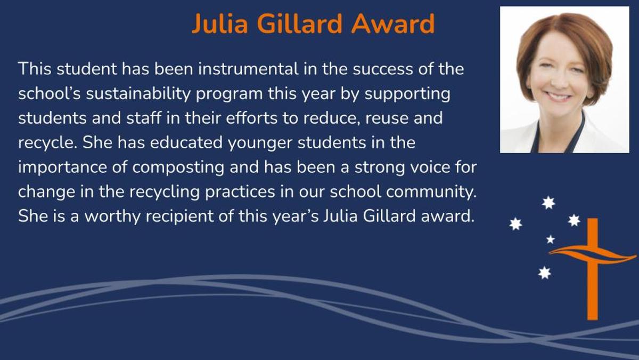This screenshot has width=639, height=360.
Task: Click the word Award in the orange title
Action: (x=393, y=23)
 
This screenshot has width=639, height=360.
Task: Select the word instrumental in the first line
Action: (x=248, y=69)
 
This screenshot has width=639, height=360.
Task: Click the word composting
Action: (x=178, y=167)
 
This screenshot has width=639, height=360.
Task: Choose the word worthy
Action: (x=112, y=217)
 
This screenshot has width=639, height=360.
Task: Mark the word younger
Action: (x=260, y=143)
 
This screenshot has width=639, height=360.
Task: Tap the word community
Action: (x=432, y=192)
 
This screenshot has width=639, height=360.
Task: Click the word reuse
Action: (x=387, y=118)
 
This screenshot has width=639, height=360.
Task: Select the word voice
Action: (x=429, y=167)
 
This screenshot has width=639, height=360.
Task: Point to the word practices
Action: (x=240, y=192)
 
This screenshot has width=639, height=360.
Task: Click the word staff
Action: (x=144, y=118)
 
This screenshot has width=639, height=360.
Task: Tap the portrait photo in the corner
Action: (x=564, y=79)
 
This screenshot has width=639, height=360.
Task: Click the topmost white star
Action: (x=548, y=203)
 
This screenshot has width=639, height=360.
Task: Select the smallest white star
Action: (x=551, y=239)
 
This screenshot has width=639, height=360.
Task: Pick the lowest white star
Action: (x=545, y=273)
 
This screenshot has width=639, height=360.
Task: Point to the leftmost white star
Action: (x=516, y=224)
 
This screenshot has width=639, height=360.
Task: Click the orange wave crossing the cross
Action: (x=593, y=254)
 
